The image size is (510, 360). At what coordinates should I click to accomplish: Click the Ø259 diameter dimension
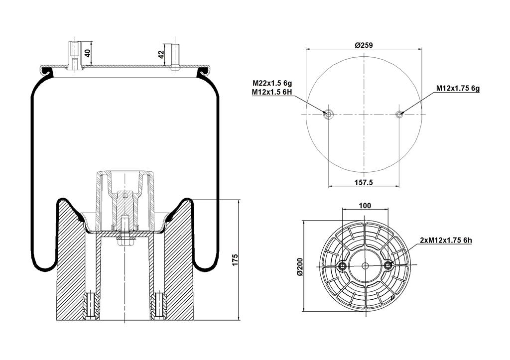(364, 45)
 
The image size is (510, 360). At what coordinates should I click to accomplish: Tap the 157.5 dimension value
(364, 182)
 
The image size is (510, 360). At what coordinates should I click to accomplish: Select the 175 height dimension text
(235, 260)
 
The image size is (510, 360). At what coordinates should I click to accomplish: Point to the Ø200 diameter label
(299, 267)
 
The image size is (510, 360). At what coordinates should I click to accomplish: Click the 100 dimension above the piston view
(365, 206)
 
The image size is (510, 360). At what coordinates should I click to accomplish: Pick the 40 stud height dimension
(88, 53)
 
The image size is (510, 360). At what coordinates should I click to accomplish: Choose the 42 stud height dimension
(161, 54)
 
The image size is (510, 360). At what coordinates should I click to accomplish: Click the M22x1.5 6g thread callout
(272, 83)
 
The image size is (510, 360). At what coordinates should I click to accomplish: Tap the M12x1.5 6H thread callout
(272, 92)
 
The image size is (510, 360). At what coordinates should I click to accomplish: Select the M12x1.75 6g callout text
(458, 88)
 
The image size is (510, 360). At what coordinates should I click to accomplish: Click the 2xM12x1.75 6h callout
(446, 240)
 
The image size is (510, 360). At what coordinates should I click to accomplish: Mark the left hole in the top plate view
(328, 114)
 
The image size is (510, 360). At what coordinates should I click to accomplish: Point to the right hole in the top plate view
(399, 114)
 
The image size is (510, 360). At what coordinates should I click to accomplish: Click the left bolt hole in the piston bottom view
(342, 266)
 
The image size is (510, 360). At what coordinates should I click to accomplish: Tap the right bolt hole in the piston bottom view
(388, 266)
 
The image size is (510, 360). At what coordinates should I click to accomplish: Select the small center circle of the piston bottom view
(365, 266)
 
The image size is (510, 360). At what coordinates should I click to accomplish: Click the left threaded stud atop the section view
(75, 56)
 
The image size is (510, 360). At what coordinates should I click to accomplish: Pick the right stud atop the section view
(175, 57)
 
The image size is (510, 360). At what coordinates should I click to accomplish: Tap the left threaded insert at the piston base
(92, 307)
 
